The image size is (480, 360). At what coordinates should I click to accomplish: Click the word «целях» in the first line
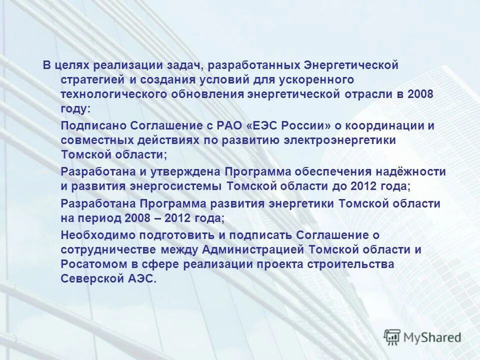pos(71,65)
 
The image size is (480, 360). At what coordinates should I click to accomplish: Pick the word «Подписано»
pos(93,125)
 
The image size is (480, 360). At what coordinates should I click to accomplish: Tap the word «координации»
pos(383,125)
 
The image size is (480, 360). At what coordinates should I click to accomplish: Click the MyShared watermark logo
pos(422,337)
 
